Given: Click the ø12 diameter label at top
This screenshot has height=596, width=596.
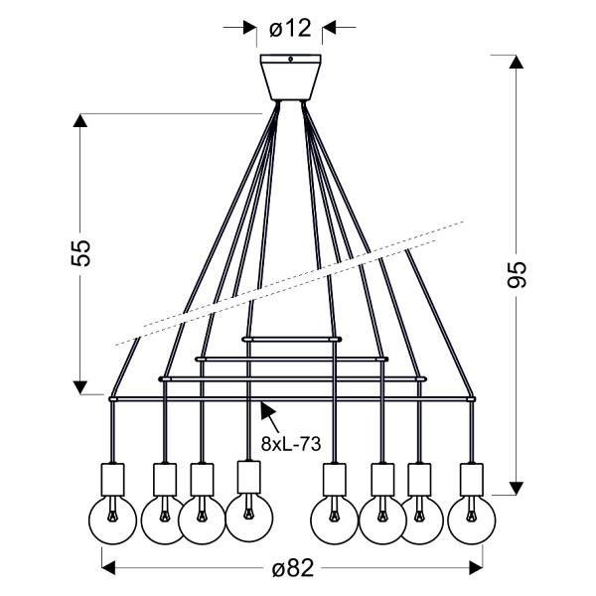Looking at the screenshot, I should tap(291, 29).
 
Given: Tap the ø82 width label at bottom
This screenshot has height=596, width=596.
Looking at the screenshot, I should tap(293, 568).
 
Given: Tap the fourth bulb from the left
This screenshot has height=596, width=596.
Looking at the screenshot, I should tap(248, 514).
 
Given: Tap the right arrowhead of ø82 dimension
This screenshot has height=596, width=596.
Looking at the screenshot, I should tap(474, 568).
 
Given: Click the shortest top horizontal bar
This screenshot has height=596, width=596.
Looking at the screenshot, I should tap(291, 338).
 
